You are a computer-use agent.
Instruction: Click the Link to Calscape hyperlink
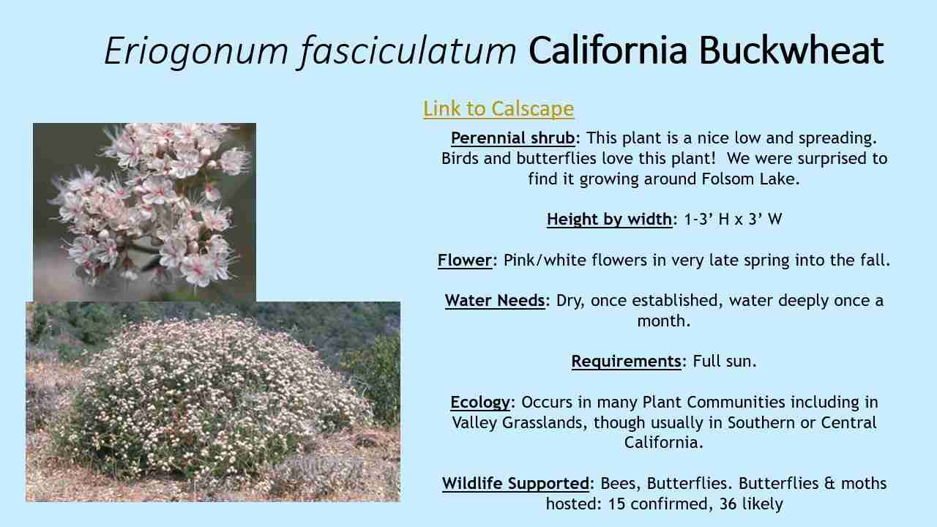(498, 108)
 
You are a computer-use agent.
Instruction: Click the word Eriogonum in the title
(196, 51)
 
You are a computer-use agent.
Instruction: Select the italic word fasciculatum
(408, 51)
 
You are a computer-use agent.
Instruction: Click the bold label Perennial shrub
(512, 138)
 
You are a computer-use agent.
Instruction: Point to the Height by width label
(609, 219)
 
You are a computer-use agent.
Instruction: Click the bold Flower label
(465, 260)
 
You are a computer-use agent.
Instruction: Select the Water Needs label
(495, 300)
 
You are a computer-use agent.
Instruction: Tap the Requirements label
(626, 361)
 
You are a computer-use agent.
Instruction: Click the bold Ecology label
(480, 402)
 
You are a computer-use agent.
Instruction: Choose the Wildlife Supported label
(515, 483)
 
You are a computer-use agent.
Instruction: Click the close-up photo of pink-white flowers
(144, 212)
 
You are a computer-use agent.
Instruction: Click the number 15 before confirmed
(617, 504)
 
